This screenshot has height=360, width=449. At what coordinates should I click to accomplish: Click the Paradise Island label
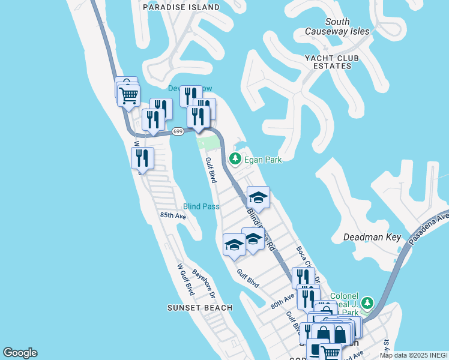coord(181,7)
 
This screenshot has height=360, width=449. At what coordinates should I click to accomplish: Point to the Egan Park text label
coord(262,160)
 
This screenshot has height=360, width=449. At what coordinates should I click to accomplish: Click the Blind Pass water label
coord(201,206)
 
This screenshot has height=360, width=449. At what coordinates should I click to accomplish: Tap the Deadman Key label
coord(372,237)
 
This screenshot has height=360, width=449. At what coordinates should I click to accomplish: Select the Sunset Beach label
coord(199,308)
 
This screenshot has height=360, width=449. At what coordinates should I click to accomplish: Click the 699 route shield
coord(177,131)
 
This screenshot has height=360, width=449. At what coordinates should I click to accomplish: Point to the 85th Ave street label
coord(173,215)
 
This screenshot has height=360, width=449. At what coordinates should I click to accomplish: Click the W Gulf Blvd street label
coord(185,279)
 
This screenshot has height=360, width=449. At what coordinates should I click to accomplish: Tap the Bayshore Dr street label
coord(204,283)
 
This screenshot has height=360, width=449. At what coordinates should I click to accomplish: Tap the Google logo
coord(20,353)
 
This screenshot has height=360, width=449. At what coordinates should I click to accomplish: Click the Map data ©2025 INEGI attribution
coord(414,355)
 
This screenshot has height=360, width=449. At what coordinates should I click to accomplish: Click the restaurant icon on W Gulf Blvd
coord(142,158)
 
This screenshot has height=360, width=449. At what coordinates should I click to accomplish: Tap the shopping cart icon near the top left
coord(128,95)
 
